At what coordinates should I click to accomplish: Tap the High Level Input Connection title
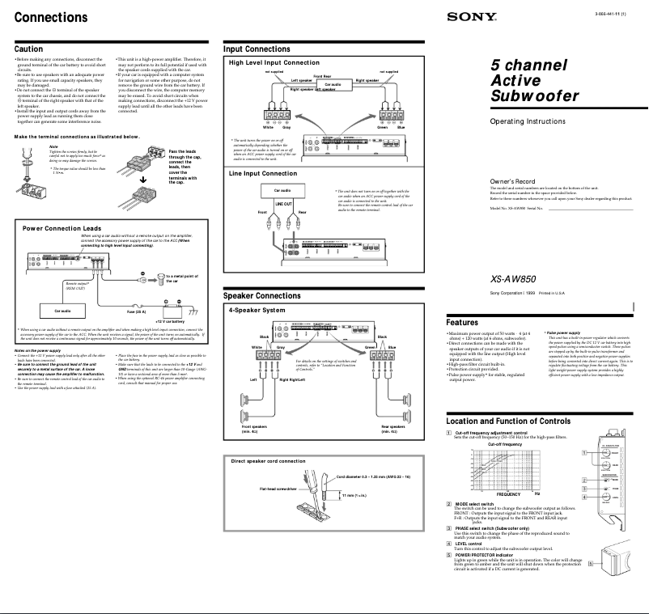pyautogui.click(x=274, y=62)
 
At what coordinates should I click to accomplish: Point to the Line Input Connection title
pyautogui.click(x=263, y=173)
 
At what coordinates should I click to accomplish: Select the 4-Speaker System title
pyautogui.click(x=257, y=310)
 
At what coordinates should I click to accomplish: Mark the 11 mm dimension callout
pyautogui.click(x=353, y=494)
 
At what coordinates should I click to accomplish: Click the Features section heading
pyautogui.click(x=469, y=322)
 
